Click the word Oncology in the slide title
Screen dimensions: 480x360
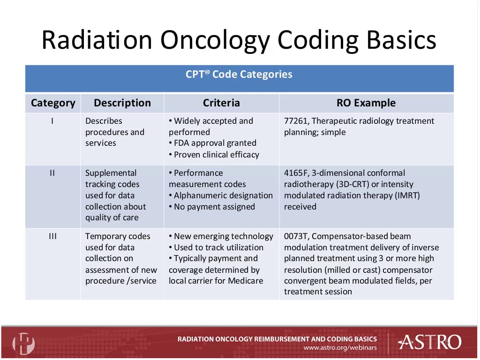[x=215, y=40]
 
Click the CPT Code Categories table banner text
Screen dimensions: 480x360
[x=239, y=74]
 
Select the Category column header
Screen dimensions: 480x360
[x=53, y=103]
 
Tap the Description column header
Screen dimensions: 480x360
[x=122, y=103]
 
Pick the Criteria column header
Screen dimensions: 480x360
[x=221, y=103]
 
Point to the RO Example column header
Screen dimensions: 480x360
[x=366, y=103]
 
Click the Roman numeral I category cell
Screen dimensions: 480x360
[x=52, y=121]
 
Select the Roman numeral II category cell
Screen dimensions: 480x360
[x=52, y=173]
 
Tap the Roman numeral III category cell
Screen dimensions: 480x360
[x=52, y=236]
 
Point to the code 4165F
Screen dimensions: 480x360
[x=296, y=173]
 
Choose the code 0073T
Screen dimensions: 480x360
[x=295, y=236]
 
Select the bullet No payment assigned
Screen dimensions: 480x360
[x=212, y=207]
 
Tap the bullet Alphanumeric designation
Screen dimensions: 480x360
[x=221, y=195]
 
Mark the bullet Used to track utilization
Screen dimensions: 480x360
[x=216, y=247]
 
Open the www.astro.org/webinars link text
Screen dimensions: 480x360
[x=340, y=348]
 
